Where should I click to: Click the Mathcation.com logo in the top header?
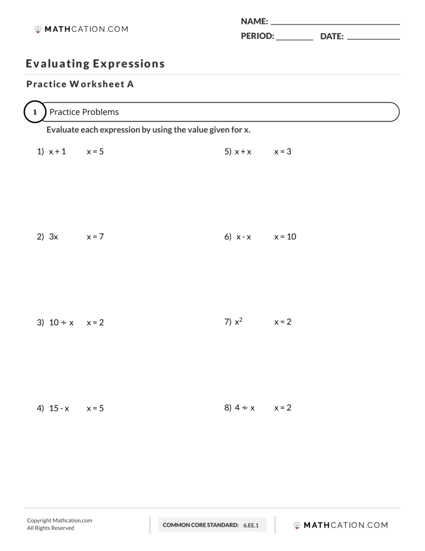click(81, 29)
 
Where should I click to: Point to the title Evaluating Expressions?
click(95, 63)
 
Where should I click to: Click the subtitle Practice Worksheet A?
click(80, 84)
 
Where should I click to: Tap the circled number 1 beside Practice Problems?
click(35, 112)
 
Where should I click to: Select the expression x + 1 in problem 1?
click(57, 152)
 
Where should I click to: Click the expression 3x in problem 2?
click(54, 237)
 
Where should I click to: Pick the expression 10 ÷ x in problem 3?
click(61, 322)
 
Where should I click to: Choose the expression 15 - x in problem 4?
click(59, 408)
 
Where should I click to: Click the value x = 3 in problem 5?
click(282, 152)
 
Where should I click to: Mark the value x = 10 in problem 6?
click(285, 237)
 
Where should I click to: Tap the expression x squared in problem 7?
click(238, 322)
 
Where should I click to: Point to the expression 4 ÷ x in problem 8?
click(245, 408)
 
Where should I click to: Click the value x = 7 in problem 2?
click(95, 237)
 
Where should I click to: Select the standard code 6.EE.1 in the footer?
click(251, 525)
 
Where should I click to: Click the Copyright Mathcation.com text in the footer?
click(60, 520)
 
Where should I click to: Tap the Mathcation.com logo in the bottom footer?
click(340, 525)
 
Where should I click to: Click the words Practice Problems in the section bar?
click(84, 112)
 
